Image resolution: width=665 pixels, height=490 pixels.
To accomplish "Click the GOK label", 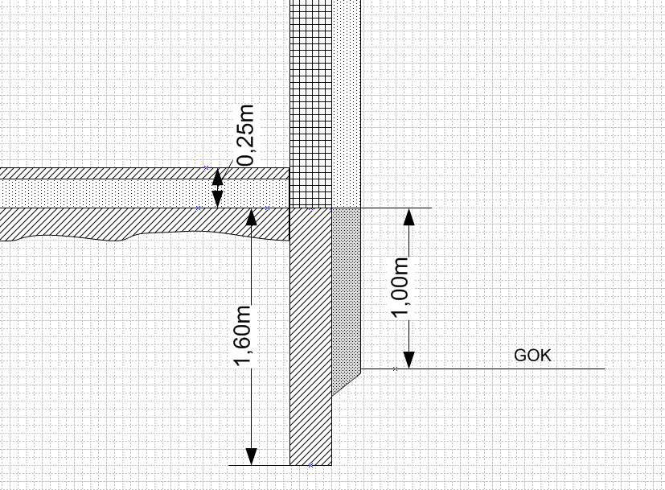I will pos(532,356).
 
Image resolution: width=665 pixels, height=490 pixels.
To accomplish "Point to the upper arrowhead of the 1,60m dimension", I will pos(252,216).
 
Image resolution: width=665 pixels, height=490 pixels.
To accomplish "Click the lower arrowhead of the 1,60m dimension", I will pos(252,455).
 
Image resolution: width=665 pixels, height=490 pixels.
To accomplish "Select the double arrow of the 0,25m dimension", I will pos(217,188).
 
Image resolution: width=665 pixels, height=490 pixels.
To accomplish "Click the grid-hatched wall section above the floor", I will pos(310,105).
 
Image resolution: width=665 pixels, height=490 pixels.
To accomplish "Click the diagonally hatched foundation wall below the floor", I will pos(310,338).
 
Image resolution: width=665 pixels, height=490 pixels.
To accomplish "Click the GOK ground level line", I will pos(499,369).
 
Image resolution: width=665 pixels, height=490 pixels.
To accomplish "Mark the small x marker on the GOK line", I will pos(395,369).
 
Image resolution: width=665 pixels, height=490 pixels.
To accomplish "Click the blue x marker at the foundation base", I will pos(310,464).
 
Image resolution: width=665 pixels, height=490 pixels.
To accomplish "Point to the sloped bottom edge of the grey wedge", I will pos(346,382).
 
